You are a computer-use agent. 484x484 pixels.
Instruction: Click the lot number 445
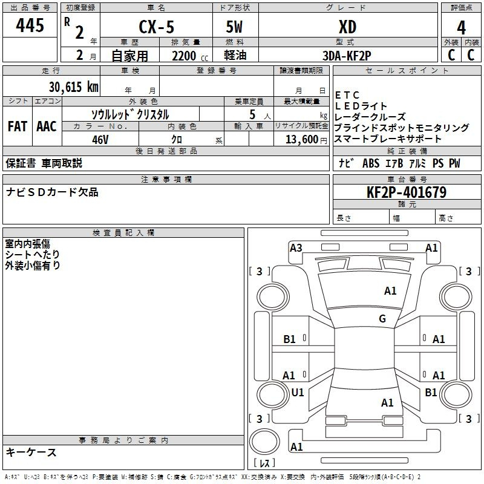coord(30,25)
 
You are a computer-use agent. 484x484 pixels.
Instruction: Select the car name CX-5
coord(156,27)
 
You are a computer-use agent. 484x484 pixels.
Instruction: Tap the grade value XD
coord(347,27)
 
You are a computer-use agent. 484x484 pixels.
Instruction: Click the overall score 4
coord(461,28)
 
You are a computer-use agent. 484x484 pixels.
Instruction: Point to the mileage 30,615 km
coord(74,87)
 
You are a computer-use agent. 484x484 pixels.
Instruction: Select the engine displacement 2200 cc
coord(190,56)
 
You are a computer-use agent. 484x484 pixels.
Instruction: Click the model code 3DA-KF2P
coord(347,56)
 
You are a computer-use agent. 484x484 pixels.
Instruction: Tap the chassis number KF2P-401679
coord(407,192)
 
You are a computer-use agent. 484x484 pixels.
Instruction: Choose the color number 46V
coord(100,140)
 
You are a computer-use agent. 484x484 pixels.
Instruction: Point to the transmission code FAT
coord(18,126)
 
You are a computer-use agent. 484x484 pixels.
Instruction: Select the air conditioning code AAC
coord(47,126)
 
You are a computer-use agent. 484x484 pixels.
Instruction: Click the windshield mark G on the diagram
coord(382,318)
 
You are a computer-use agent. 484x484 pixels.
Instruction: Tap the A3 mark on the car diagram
coord(296,248)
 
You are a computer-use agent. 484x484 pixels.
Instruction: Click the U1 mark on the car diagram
coord(298,392)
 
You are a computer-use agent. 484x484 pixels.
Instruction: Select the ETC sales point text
coord(347,95)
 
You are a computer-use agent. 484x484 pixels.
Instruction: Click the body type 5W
coord(234,27)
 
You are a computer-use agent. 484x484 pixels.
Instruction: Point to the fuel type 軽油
coord(235,55)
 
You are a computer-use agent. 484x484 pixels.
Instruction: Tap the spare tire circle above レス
coord(264,442)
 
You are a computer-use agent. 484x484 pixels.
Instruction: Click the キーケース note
coord(31,452)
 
